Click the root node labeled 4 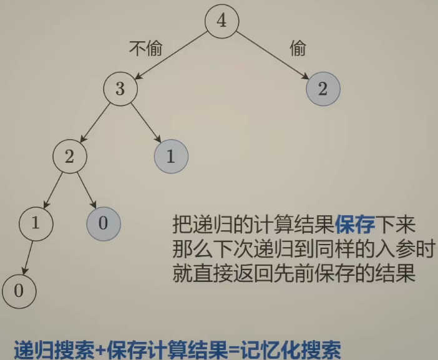(x=222, y=21)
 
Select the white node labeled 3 (x=120, y=89)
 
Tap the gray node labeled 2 (x=323, y=89)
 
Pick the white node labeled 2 (x=69, y=156)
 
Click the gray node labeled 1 (x=170, y=156)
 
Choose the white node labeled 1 (x=36, y=223)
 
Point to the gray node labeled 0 (x=103, y=223)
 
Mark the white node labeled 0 (x=19, y=290)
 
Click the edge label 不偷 (x=145, y=49)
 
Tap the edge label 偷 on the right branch (x=298, y=49)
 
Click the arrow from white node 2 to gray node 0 (x=86, y=190)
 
